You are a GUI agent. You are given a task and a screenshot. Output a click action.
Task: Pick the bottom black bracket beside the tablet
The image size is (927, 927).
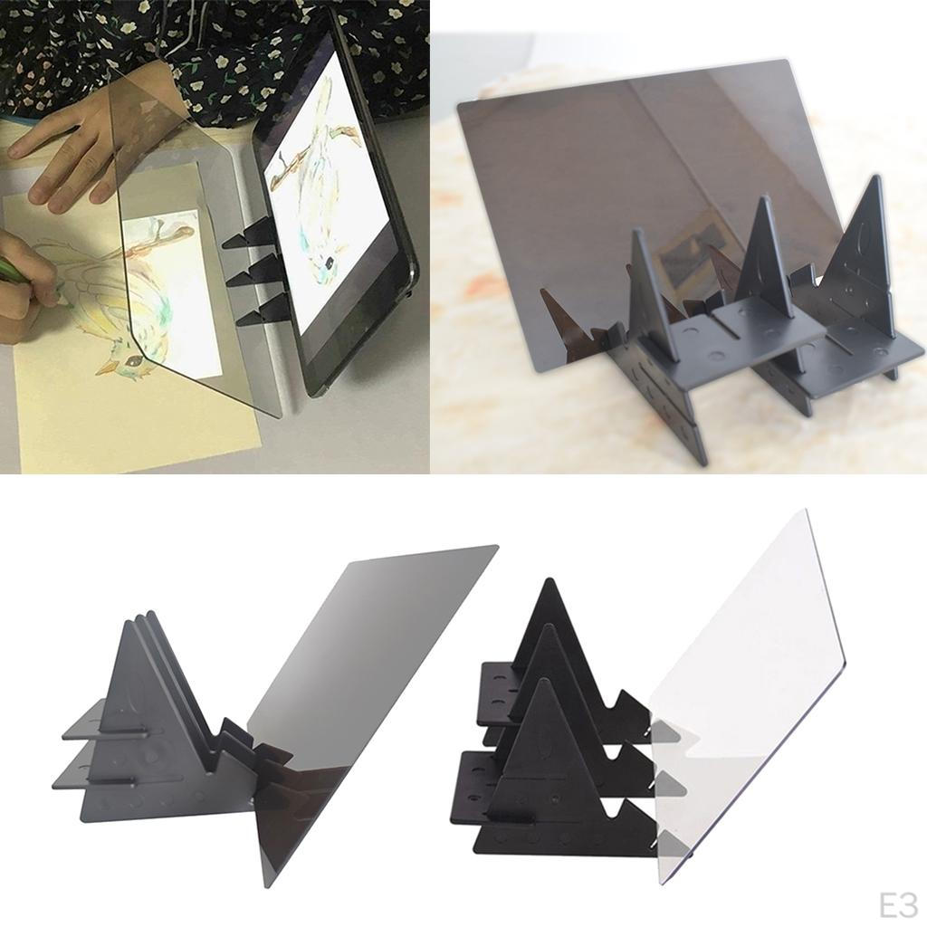click(x=256, y=311)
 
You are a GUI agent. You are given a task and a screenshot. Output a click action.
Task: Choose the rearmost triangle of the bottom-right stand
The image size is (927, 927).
click(x=553, y=626)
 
